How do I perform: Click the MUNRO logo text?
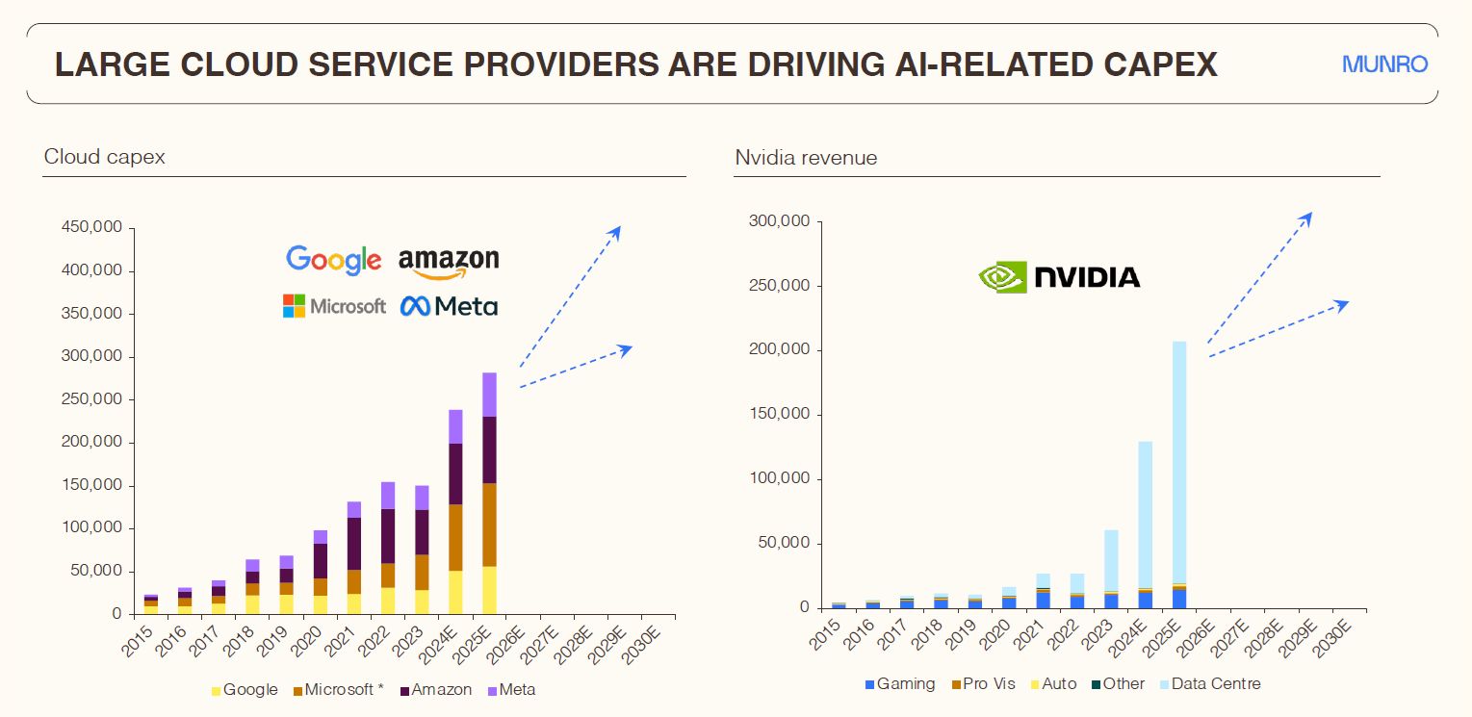(x=1384, y=65)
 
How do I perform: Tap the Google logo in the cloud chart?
(x=333, y=260)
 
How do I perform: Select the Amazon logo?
(x=449, y=262)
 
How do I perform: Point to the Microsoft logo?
(x=334, y=306)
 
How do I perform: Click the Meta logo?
(x=449, y=306)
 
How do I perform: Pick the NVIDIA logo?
(x=1059, y=277)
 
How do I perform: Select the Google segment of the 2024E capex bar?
(x=454, y=592)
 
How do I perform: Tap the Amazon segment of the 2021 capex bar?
(x=354, y=544)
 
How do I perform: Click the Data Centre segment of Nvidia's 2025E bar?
(x=1179, y=462)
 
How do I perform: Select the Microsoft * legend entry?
(x=338, y=690)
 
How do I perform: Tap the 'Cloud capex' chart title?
(x=104, y=157)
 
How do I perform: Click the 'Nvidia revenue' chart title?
(x=806, y=158)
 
